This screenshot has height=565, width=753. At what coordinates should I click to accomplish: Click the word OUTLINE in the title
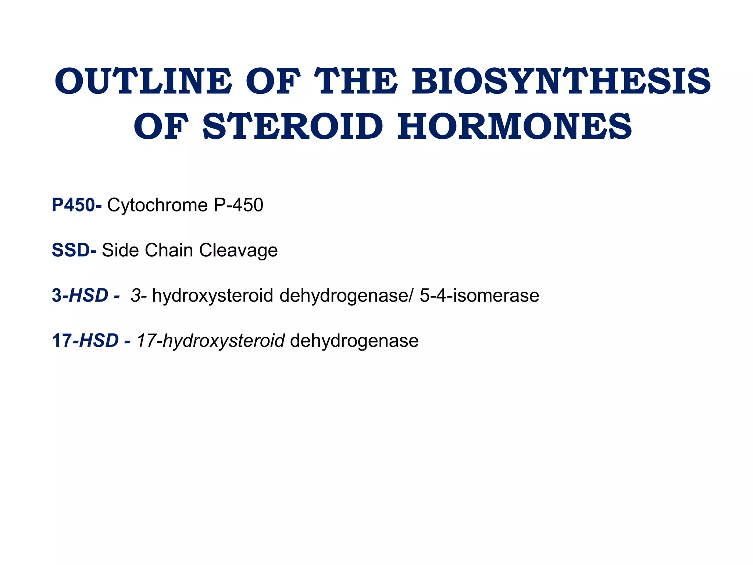143,81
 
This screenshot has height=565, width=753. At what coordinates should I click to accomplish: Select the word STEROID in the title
293,127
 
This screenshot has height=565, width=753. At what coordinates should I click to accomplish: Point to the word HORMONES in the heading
515,127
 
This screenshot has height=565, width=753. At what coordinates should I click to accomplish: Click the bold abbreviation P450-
77,205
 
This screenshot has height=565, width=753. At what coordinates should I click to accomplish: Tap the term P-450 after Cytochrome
238,205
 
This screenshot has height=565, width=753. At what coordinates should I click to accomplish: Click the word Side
121,250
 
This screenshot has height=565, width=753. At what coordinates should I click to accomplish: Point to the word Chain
169,250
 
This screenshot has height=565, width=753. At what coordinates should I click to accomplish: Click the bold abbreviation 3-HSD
80,295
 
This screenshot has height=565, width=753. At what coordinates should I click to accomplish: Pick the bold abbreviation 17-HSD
85,341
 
